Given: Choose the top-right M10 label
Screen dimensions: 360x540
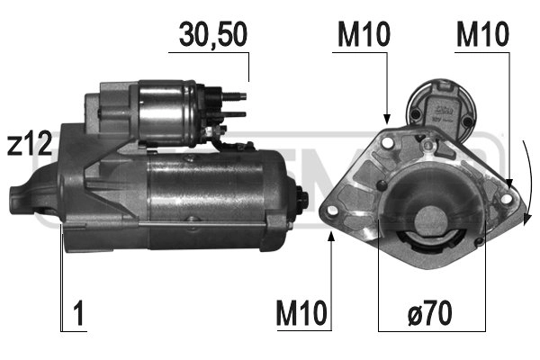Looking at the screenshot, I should [x=481, y=34].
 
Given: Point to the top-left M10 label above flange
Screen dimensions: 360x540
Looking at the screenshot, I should [x=363, y=34].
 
